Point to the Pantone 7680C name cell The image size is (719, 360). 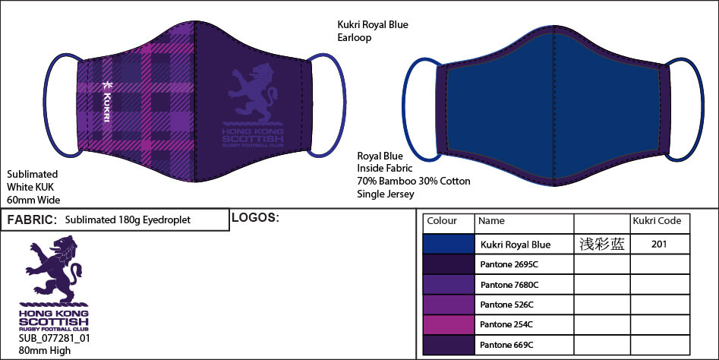click(509, 285)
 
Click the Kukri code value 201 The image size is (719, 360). click(659, 245)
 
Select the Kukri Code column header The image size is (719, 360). click(658, 221)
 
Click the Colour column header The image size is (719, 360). click(442, 221)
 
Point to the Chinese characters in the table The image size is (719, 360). click(601, 245)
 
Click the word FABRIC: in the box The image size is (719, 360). click(31, 220)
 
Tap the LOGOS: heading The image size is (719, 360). click(254, 219)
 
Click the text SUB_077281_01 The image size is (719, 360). click(54, 339)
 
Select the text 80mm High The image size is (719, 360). click(44, 351)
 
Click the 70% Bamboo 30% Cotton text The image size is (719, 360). click(413, 182)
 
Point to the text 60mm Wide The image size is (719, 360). click(33, 200)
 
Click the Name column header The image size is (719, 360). click(492, 221)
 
